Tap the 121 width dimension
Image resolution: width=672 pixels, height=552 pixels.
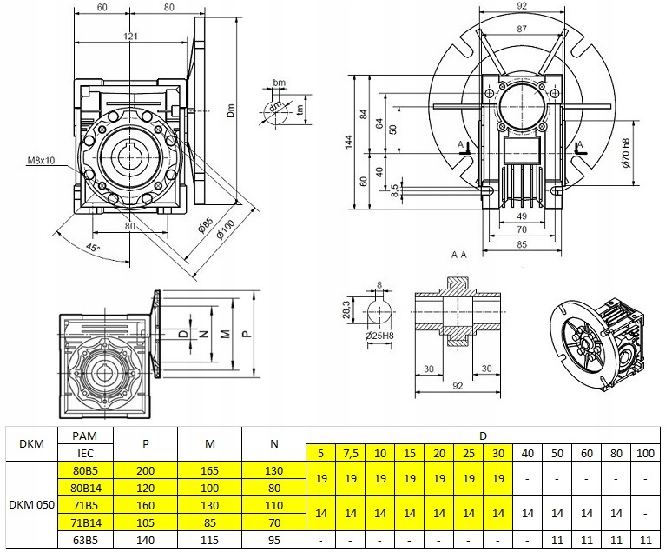coord(129,37)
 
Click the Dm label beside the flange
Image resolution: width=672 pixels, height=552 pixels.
coord(231,110)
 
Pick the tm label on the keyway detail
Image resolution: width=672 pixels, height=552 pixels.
coord(300,109)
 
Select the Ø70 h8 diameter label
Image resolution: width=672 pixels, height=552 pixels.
coord(627,153)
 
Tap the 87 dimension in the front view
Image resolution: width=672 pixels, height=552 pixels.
coord(523,30)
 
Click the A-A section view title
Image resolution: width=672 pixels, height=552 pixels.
coord(459,255)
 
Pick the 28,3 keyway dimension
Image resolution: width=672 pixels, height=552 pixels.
coord(345,309)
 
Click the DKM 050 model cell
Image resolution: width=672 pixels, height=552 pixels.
coord(28,503)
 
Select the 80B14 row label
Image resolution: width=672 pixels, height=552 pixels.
coord(84,487)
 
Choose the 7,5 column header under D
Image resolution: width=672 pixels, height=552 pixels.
coord(352,453)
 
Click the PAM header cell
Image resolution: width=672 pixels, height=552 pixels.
coord(84,436)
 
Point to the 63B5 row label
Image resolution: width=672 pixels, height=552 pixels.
coord(84,539)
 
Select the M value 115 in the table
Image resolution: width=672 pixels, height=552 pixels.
coord(208,539)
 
